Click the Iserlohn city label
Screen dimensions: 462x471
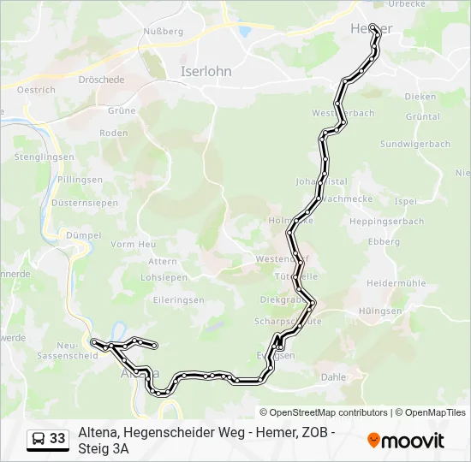[206, 72]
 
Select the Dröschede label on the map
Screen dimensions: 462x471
[126, 80]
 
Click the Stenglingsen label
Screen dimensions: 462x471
[43, 157]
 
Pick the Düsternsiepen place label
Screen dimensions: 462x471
[85, 203]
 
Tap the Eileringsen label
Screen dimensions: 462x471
[178, 300]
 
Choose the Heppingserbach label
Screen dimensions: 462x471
[388, 222]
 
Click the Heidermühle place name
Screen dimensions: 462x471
[396, 282]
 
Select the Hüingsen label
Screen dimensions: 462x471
[382, 311]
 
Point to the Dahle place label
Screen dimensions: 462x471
[332, 376]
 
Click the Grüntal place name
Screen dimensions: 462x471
[423, 116]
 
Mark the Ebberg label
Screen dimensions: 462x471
[384, 242]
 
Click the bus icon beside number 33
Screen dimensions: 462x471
[39, 439]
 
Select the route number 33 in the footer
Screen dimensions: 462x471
[57, 439]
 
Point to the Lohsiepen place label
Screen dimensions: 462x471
[163, 278]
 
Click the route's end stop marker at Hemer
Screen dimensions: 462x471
[373, 27]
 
